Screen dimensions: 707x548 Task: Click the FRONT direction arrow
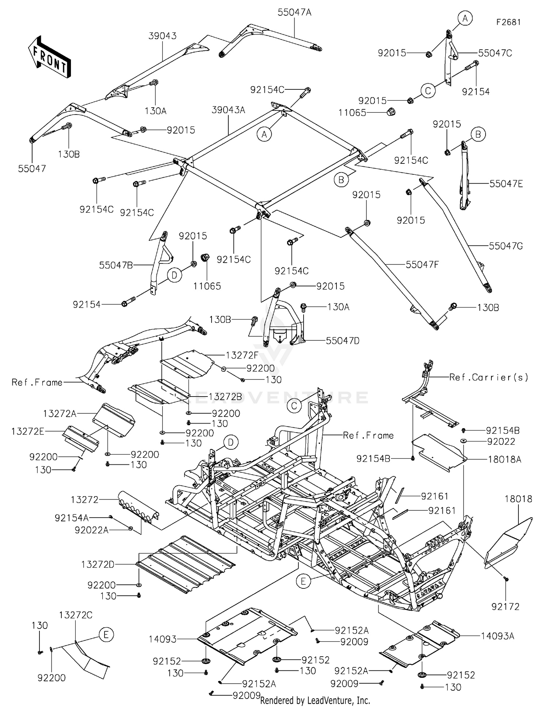pyautogui.click(x=50, y=57)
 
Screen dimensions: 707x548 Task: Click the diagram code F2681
pyautogui.click(x=508, y=22)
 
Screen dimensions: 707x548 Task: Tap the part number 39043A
pyautogui.click(x=228, y=110)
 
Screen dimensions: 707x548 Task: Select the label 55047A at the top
pyautogui.click(x=294, y=12)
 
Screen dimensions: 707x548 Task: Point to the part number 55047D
pyautogui.click(x=342, y=341)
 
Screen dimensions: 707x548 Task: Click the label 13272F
pyautogui.click(x=242, y=355)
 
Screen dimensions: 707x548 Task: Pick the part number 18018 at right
pyautogui.click(x=518, y=499)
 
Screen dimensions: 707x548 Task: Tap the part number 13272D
pyautogui.click(x=98, y=565)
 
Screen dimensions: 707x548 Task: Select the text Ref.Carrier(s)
pyautogui.click(x=489, y=378)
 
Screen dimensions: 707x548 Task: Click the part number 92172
pyautogui.click(x=505, y=607)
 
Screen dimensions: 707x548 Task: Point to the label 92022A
pyautogui.click(x=92, y=530)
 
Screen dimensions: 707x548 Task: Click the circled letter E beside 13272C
pyautogui.click(x=106, y=635)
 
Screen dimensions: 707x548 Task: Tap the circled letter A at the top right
pyautogui.click(x=465, y=18)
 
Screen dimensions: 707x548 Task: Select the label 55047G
pyautogui.click(x=506, y=246)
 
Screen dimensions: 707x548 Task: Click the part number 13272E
pyautogui.click(x=28, y=432)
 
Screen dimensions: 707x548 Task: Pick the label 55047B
pyautogui.click(x=116, y=265)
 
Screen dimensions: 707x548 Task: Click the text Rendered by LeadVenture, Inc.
pyautogui.click(x=315, y=700)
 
